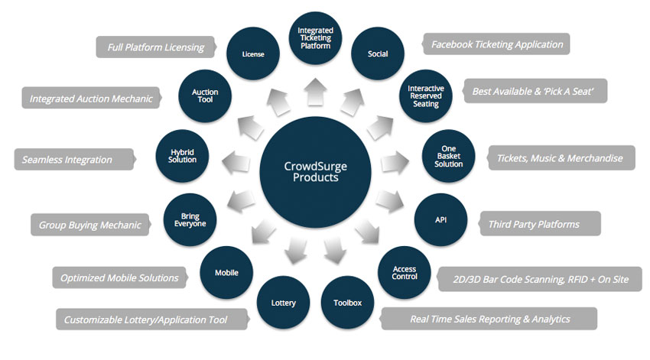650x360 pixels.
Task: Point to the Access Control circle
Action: [x=404, y=271]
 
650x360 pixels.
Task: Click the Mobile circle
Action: [x=226, y=272]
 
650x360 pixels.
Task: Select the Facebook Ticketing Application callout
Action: [x=497, y=44]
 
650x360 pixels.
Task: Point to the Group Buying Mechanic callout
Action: [x=90, y=225]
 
